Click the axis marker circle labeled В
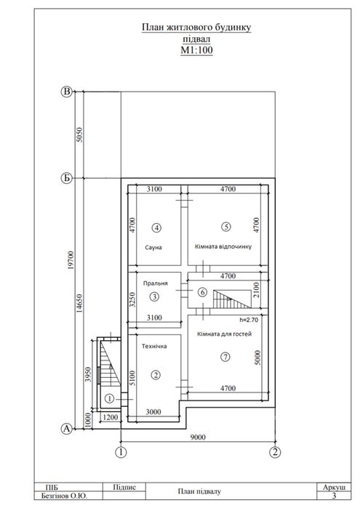pos(66,92)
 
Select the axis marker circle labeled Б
pos(66,178)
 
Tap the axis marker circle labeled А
pos(66,429)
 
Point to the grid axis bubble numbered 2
pos(275,452)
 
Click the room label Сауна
pos(153,247)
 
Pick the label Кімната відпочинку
pos(223,246)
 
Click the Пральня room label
pos(156,283)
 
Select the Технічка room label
pos(154,346)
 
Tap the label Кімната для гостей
pos(225,334)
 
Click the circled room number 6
pos(202,293)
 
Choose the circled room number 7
pos(225,357)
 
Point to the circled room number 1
pos(110,398)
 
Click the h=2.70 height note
pos(249,320)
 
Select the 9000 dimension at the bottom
pos(198,437)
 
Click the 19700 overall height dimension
pos(72,260)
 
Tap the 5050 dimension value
pos(79,134)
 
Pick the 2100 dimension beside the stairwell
pos(256,290)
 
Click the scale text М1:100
pos(196,50)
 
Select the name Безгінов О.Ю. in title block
pos(65,496)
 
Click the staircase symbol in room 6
pos(232,299)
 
